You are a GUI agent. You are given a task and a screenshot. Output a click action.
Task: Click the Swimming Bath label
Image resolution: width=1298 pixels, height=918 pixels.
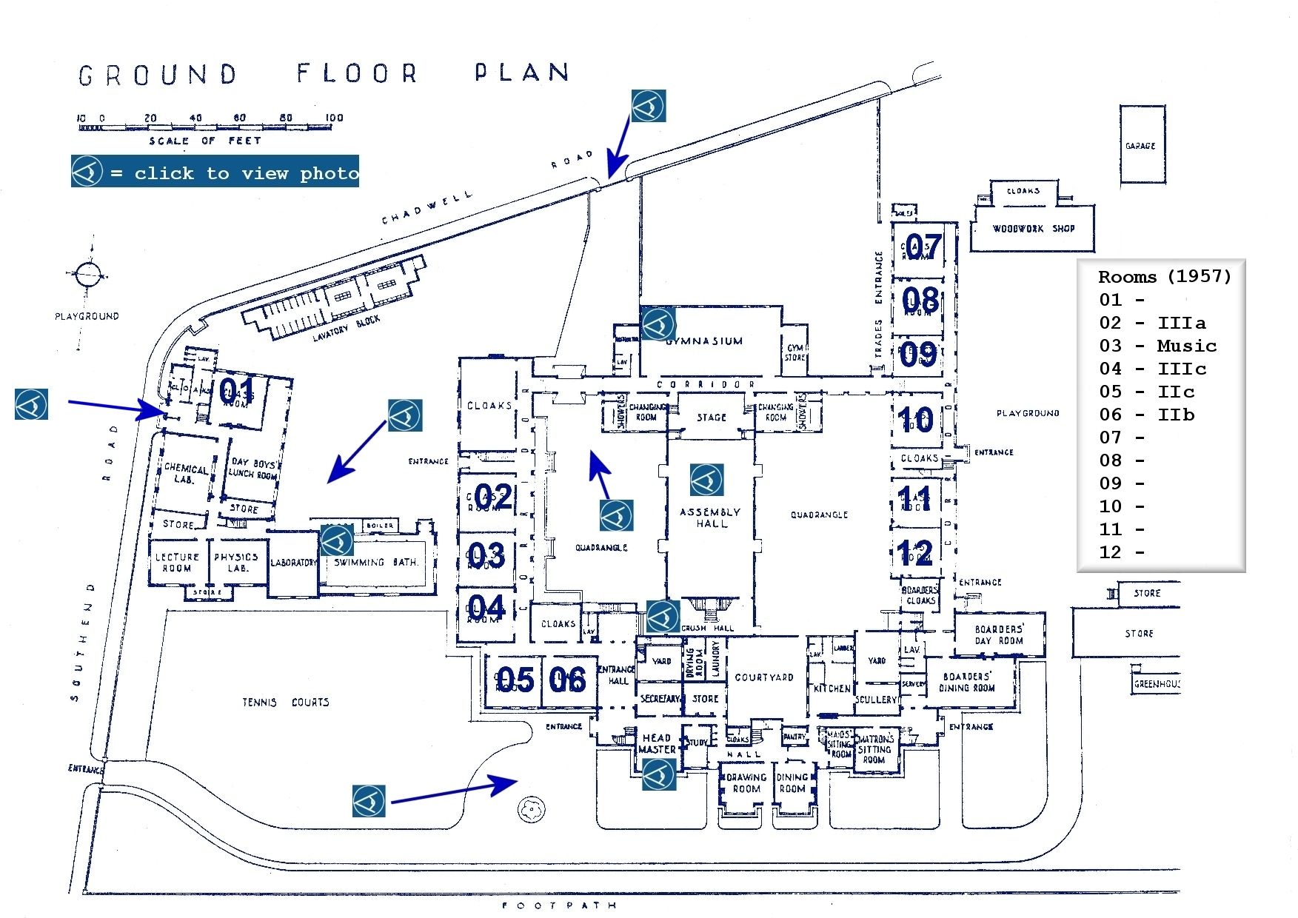point(376,563)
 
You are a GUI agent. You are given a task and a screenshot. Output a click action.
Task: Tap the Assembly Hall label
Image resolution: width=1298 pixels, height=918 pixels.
point(711,517)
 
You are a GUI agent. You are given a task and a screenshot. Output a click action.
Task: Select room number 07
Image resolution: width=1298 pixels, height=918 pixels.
point(923,247)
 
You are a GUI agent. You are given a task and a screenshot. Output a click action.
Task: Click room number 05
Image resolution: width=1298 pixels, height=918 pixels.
point(515,680)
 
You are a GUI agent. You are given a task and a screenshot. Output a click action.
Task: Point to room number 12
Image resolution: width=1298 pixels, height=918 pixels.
point(914,553)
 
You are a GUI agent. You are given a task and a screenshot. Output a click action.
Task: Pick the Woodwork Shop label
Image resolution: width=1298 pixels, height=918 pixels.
point(1033,229)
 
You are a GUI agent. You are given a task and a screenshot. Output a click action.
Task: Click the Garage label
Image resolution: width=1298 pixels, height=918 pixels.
point(1140,146)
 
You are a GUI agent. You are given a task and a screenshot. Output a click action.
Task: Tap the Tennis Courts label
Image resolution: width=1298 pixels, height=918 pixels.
point(286,702)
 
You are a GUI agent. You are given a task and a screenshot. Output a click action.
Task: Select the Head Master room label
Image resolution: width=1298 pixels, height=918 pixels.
point(657,743)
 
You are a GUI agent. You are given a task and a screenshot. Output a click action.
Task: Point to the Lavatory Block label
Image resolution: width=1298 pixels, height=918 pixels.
point(346,327)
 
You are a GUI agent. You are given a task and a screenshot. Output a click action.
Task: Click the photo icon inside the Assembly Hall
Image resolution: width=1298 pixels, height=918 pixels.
point(706,480)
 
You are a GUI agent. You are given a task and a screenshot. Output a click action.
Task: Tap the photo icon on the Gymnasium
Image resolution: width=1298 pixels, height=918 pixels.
point(658,324)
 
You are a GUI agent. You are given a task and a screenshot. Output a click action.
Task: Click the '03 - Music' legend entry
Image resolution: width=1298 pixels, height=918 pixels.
point(1157,346)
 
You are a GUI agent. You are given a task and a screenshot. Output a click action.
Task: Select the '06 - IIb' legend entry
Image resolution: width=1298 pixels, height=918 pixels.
point(1146,415)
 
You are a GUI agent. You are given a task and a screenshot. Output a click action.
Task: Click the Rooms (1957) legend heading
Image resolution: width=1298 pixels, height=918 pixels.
point(1164,277)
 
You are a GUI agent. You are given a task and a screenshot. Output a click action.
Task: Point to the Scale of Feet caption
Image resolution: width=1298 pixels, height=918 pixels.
point(204,141)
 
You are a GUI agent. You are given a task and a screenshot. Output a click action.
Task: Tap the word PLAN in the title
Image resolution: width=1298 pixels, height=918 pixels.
point(522,72)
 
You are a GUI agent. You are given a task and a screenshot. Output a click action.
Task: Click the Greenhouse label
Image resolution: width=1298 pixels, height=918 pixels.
point(1157,684)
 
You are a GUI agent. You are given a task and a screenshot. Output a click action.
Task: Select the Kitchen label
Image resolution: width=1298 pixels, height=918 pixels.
point(832,688)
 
